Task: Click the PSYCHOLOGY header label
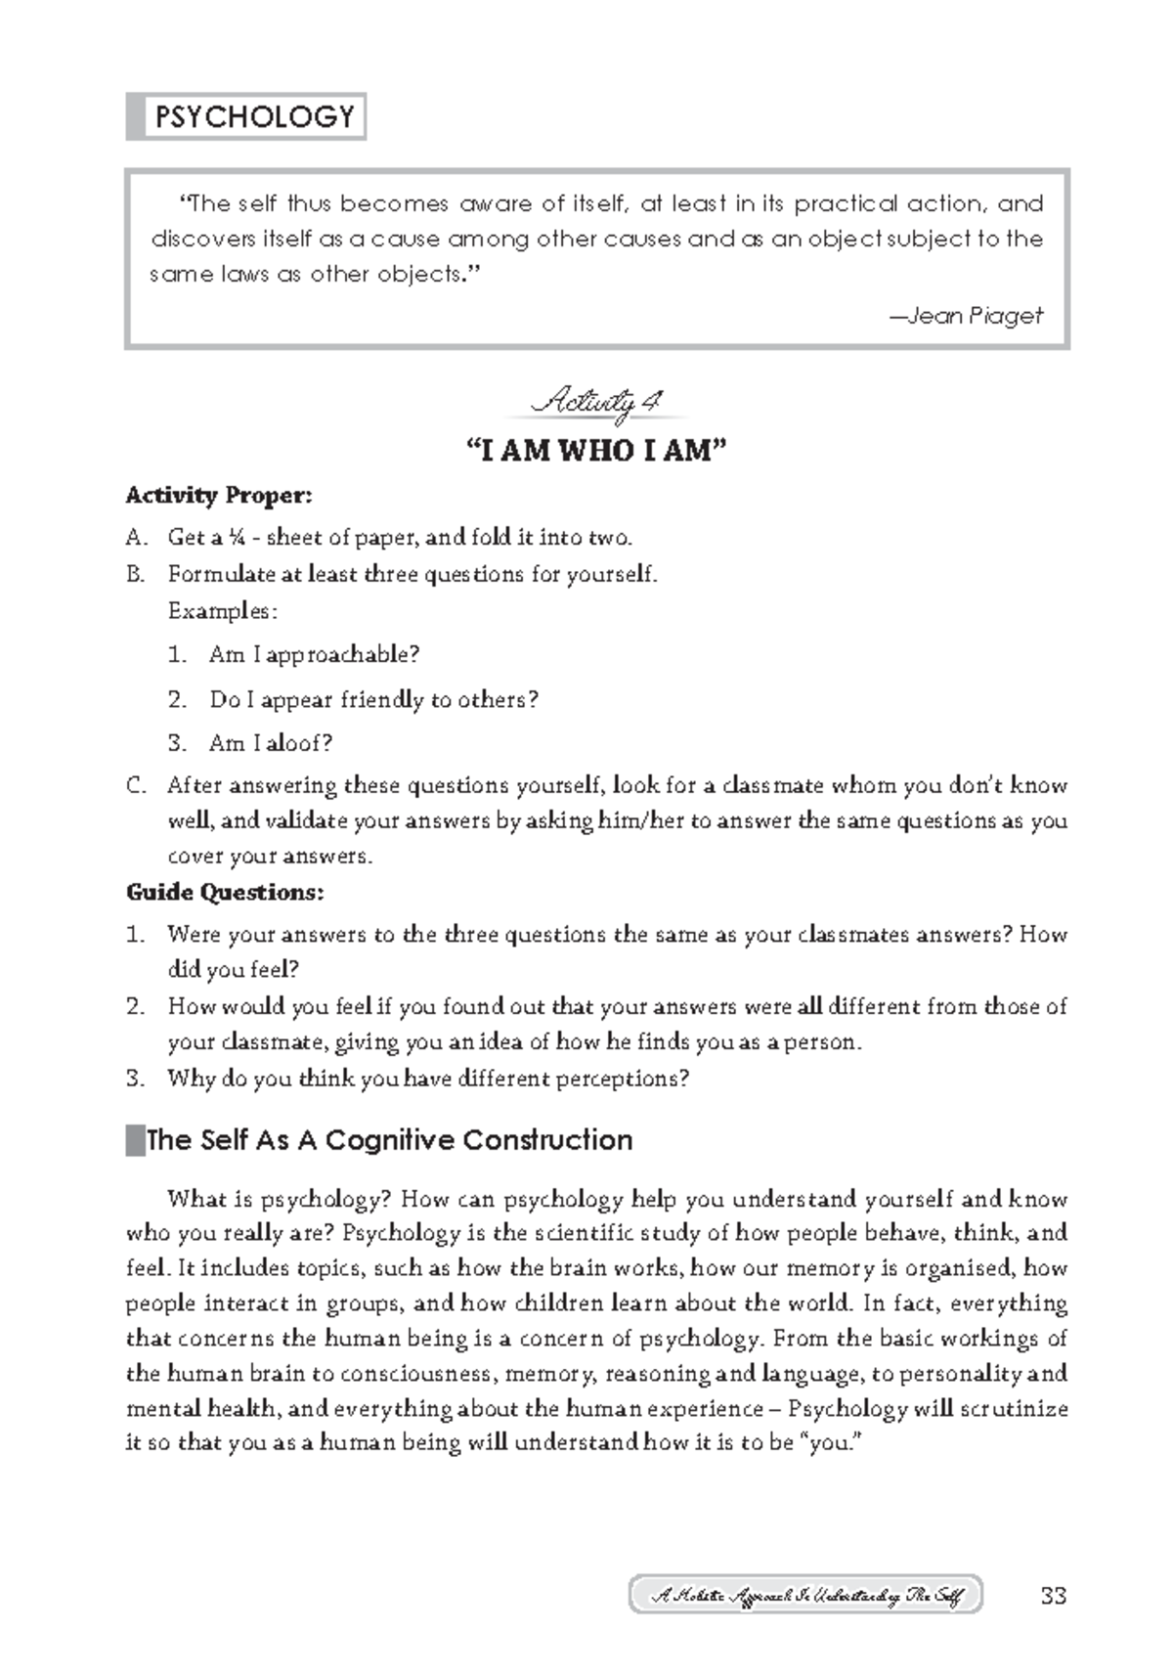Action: tap(253, 117)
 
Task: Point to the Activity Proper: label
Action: tap(219, 496)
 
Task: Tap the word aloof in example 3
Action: tap(298, 743)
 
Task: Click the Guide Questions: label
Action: tap(225, 892)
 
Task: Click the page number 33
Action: tap(1053, 1597)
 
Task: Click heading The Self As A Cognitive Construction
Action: tap(389, 1140)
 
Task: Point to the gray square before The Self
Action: tap(135, 1140)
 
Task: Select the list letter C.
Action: tap(135, 785)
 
